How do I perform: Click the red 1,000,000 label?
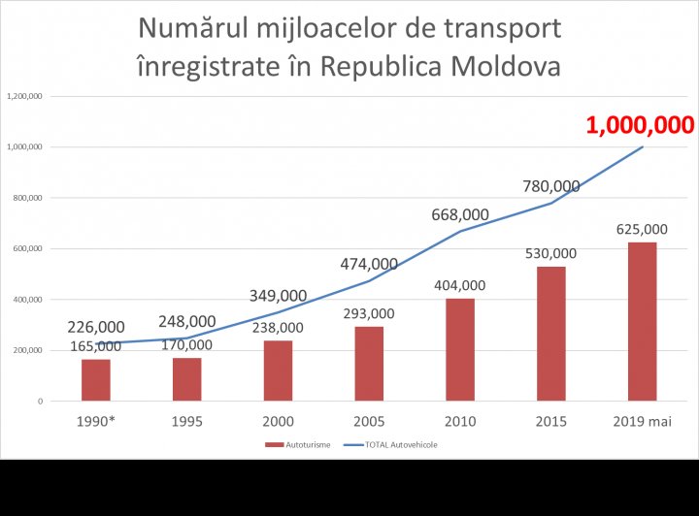coord(639,125)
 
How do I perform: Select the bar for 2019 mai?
coord(642,321)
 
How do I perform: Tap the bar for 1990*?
coord(95,379)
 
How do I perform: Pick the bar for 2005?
coord(368,363)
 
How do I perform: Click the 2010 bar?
coord(459,349)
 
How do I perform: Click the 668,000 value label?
coord(460,215)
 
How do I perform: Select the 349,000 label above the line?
coord(278,295)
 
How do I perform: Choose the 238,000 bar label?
coord(279,328)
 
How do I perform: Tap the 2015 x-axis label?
coord(550,421)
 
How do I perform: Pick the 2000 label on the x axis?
coord(278,421)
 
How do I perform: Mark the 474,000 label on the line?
coord(369,264)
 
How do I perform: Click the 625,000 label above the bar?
coord(642,230)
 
